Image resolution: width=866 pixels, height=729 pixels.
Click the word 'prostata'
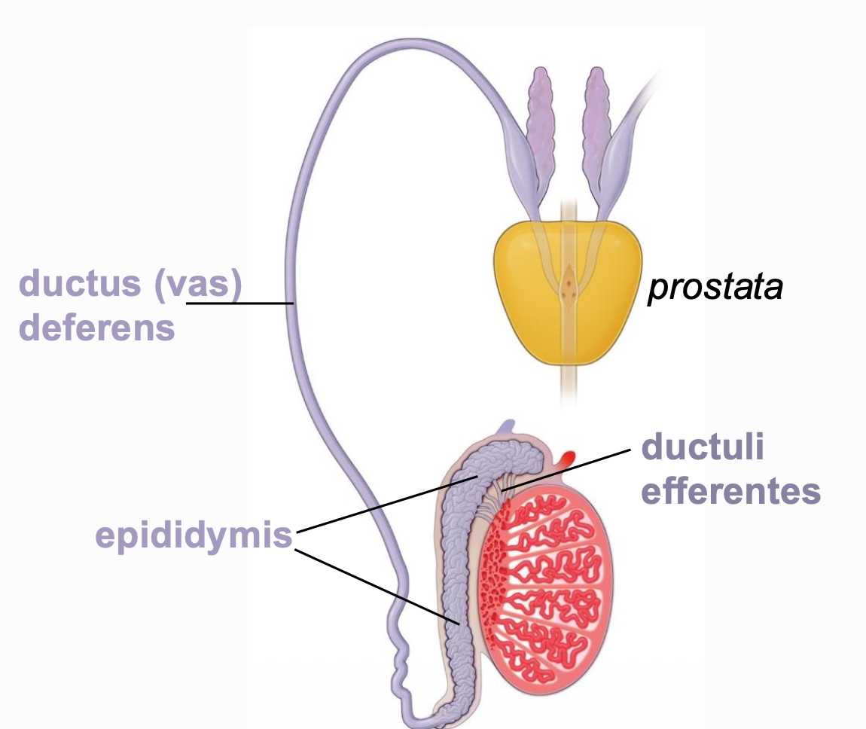point(715,287)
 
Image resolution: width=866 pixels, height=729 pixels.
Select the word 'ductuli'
point(702,448)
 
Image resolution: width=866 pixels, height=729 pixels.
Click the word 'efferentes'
point(730,491)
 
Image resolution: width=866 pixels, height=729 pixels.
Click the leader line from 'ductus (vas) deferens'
point(241,303)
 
